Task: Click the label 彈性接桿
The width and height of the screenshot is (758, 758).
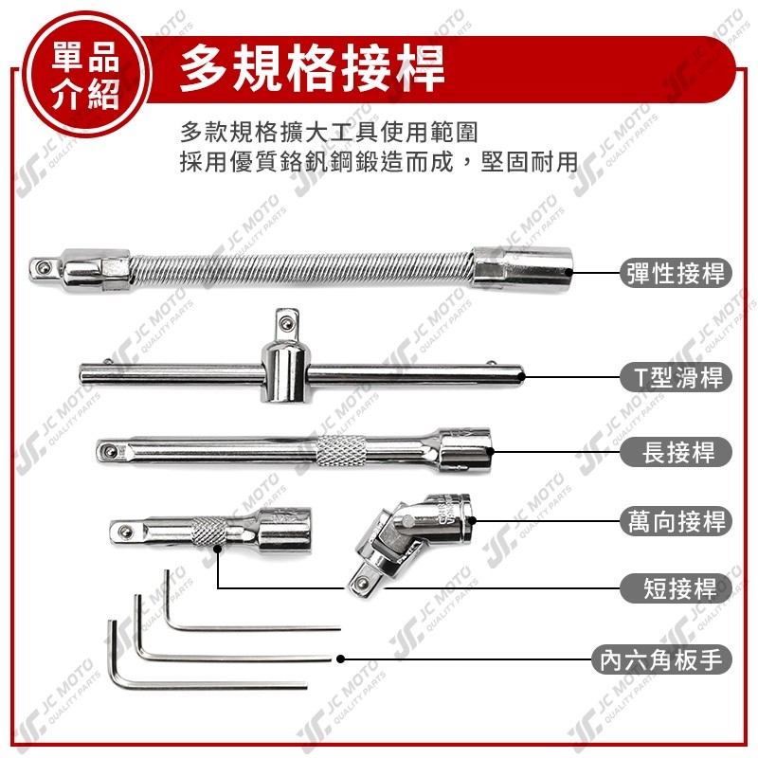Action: (x=676, y=273)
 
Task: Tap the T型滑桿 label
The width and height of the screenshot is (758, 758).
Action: (x=676, y=377)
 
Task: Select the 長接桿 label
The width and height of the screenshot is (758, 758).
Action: (x=676, y=452)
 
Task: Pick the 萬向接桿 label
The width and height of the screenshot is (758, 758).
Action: (x=676, y=521)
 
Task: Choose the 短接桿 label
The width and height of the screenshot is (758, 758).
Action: (x=676, y=588)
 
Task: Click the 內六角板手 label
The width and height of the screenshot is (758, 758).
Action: (x=661, y=659)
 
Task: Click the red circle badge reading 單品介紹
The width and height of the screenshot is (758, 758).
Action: (x=87, y=74)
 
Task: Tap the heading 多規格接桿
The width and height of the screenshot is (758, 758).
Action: (x=312, y=68)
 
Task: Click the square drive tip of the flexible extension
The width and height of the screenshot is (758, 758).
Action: (x=45, y=268)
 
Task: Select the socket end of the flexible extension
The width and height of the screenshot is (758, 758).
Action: (x=521, y=268)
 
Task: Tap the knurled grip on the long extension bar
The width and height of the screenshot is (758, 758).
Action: (x=341, y=451)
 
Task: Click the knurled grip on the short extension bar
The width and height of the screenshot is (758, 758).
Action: (x=208, y=531)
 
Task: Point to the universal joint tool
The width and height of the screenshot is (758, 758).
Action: (x=411, y=544)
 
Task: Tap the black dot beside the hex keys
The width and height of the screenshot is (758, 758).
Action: (x=340, y=659)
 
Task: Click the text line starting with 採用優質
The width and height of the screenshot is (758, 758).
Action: (x=379, y=161)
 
